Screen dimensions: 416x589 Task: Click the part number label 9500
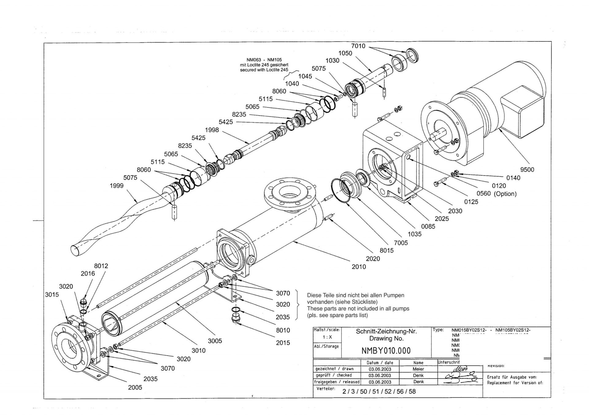[527, 170]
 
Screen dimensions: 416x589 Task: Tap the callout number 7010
[358, 46]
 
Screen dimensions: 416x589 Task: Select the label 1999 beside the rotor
[117, 185]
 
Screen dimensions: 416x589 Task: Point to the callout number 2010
[359, 267]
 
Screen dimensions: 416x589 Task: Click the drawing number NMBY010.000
[386, 351]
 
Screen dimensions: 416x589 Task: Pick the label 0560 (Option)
[496, 194]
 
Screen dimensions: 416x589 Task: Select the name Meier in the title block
[418, 369]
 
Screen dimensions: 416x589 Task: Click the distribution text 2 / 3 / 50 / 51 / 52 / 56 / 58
[379, 391]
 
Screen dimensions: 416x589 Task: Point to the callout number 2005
[135, 387]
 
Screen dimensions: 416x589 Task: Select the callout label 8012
[101, 266]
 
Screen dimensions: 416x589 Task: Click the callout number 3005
[215, 341]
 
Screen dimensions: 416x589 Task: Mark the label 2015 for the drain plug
[283, 343]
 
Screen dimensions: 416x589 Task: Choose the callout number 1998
[212, 130]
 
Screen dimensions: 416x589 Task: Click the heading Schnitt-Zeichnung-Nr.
[386, 331]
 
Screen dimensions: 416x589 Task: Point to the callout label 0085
[428, 227]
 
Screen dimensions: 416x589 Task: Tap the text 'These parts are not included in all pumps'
[358, 308]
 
